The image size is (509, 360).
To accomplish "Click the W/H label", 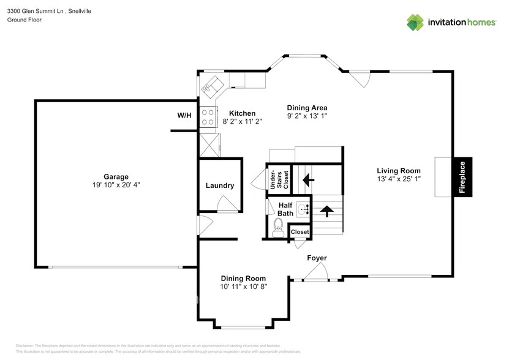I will (184, 114).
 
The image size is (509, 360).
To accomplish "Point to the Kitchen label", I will (242, 113).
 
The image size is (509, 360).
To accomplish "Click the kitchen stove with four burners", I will (208, 117).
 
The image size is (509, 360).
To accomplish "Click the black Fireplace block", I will (462, 177).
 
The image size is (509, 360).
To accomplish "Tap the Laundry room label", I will (219, 186).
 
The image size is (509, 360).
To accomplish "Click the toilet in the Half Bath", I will (277, 230).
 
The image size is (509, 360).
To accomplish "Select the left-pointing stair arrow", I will (307, 180).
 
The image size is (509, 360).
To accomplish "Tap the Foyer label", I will (317, 258).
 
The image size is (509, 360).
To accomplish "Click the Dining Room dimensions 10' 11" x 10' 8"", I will (244, 286).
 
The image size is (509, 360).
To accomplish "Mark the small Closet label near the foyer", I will (300, 232).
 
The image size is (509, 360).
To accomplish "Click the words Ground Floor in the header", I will (24, 20).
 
